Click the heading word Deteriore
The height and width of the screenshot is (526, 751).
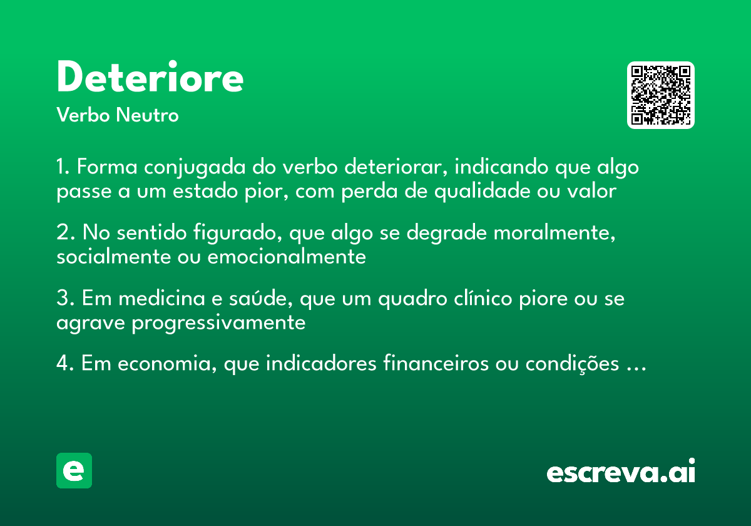pyautogui.click(x=150, y=78)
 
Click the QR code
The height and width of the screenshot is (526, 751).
pyautogui.click(x=661, y=95)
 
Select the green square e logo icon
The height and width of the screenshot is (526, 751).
pyautogui.click(x=74, y=470)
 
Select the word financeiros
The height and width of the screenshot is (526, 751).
pyautogui.click(x=433, y=364)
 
